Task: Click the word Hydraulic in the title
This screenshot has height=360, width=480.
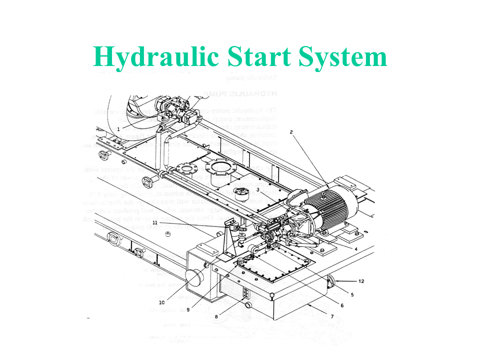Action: [155, 57]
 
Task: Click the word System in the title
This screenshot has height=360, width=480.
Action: [344, 57]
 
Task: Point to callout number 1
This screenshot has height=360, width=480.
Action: [118, 129]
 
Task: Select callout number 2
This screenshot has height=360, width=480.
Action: [291, 132]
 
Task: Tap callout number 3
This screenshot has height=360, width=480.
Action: [257, 189]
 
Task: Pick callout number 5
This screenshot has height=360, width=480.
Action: [352, 295]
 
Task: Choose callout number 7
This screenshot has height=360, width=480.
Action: [331, 317]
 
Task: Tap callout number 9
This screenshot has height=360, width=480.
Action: [188, 309]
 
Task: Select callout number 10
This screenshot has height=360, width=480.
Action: [162, 302]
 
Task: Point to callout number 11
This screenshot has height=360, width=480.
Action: [155, 222]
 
